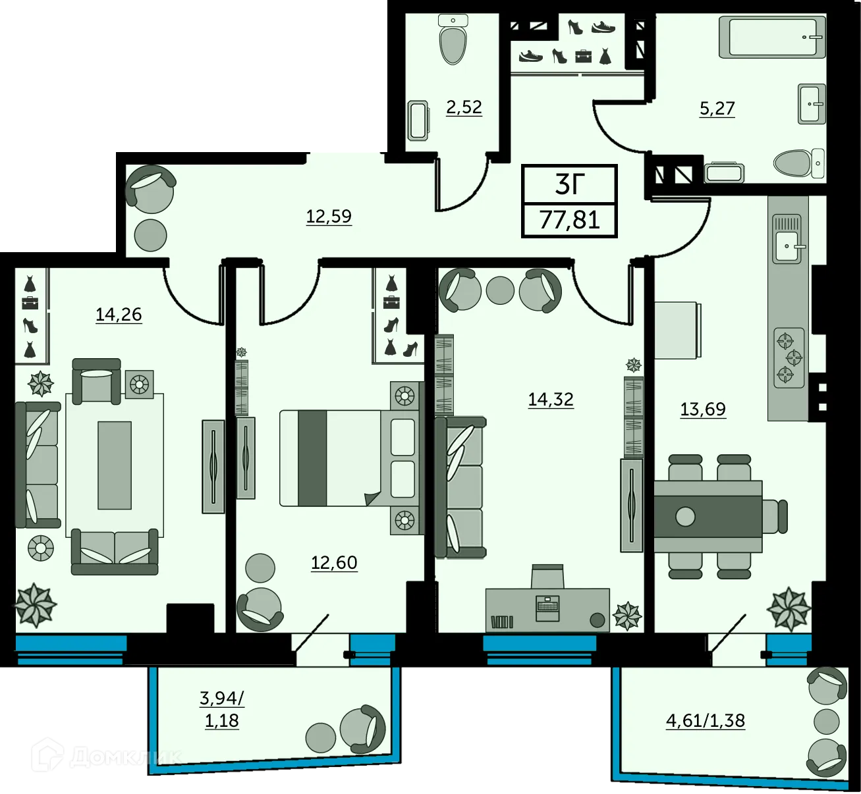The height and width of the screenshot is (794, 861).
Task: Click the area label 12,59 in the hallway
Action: click(x=329, y=216)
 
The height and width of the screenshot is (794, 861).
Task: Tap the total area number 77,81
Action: click(x=570, y=219)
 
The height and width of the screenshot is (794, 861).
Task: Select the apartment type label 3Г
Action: click(x=570, y=184)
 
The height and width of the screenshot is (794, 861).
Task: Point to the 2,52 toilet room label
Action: click(x=464, y=107)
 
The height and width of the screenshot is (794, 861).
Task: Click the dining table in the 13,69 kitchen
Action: click(x=708, y=516)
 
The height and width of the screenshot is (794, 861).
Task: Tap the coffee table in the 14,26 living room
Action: click(x=114, y=465)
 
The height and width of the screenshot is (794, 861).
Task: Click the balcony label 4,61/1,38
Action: click(x=705, y=720)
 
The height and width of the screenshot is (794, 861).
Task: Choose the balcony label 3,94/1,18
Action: click(x=221, y=708)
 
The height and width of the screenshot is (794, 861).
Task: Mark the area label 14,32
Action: click(x=551, y=399)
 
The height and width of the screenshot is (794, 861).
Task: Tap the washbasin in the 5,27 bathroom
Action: click(x=812, y=103)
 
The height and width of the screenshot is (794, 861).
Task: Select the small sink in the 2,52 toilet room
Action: click(x=418, y=120)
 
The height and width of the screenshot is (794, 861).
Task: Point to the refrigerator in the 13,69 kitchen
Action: click(x=676, y=331)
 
